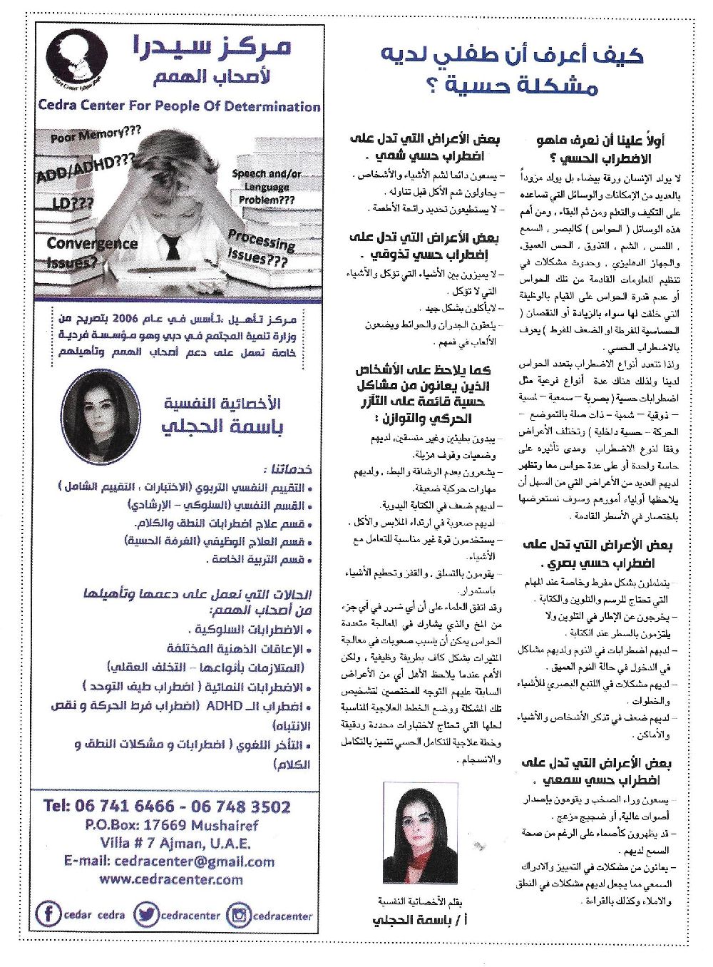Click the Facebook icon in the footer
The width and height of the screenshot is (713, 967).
pos(48,914)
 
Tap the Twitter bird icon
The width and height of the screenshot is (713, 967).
pos(145,915)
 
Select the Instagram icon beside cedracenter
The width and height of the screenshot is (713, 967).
pos(239,915)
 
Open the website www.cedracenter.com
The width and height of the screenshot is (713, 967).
pos(171,879)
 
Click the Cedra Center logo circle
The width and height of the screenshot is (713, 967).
pos(76,56)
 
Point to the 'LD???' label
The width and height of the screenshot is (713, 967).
pos(73,203)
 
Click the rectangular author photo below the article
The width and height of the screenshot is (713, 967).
pos(420,832)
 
